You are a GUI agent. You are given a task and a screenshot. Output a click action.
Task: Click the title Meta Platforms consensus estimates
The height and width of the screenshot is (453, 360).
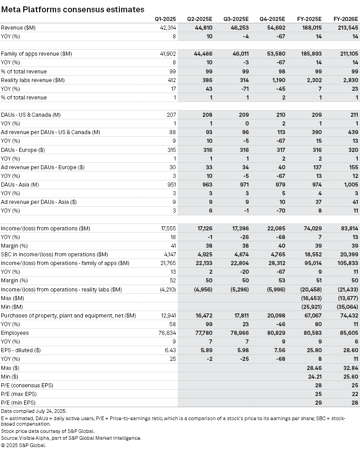(x=73, y=9)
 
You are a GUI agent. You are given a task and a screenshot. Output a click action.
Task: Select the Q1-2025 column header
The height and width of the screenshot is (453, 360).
(x=165, y=19)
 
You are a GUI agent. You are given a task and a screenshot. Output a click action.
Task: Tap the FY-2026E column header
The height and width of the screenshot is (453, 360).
(x=345, y=19)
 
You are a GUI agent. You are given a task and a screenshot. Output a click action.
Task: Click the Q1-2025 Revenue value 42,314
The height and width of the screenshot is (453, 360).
(x=166, y=27)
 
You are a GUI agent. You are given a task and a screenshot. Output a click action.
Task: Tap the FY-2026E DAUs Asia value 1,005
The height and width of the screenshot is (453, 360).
(x=349, y=185)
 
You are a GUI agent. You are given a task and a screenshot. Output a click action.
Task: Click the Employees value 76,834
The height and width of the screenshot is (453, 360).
(x=166, y=333)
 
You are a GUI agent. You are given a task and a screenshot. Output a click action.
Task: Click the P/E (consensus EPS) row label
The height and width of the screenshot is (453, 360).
(x=27, y=385)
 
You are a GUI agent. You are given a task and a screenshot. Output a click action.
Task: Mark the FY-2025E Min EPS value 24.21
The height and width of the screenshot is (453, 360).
(x=314, y=376)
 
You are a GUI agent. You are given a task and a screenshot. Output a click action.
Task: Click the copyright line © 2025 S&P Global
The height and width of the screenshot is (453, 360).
(x=23, y=445)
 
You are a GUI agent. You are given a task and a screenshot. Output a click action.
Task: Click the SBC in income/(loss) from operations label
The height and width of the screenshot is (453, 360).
(x=54, y=254)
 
